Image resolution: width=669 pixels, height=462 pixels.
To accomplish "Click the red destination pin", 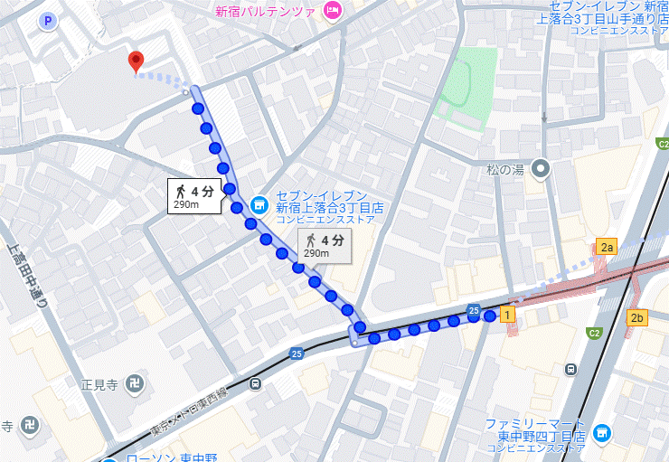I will point(136,61).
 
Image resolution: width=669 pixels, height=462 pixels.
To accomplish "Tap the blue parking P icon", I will point(48,19).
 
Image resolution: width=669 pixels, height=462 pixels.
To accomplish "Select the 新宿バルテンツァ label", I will point(264,12).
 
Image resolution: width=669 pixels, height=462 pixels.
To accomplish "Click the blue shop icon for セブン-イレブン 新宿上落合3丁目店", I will point(259,205).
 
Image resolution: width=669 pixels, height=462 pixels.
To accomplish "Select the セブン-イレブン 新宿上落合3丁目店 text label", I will point(323,207).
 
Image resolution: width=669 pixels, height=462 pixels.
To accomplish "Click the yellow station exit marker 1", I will point(508,314).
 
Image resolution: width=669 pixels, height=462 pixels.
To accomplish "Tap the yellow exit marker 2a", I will point(606,247).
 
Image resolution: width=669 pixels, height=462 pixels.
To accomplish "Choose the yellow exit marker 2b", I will point(638,317).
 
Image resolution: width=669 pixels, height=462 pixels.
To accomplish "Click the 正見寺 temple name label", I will point(100,383).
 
